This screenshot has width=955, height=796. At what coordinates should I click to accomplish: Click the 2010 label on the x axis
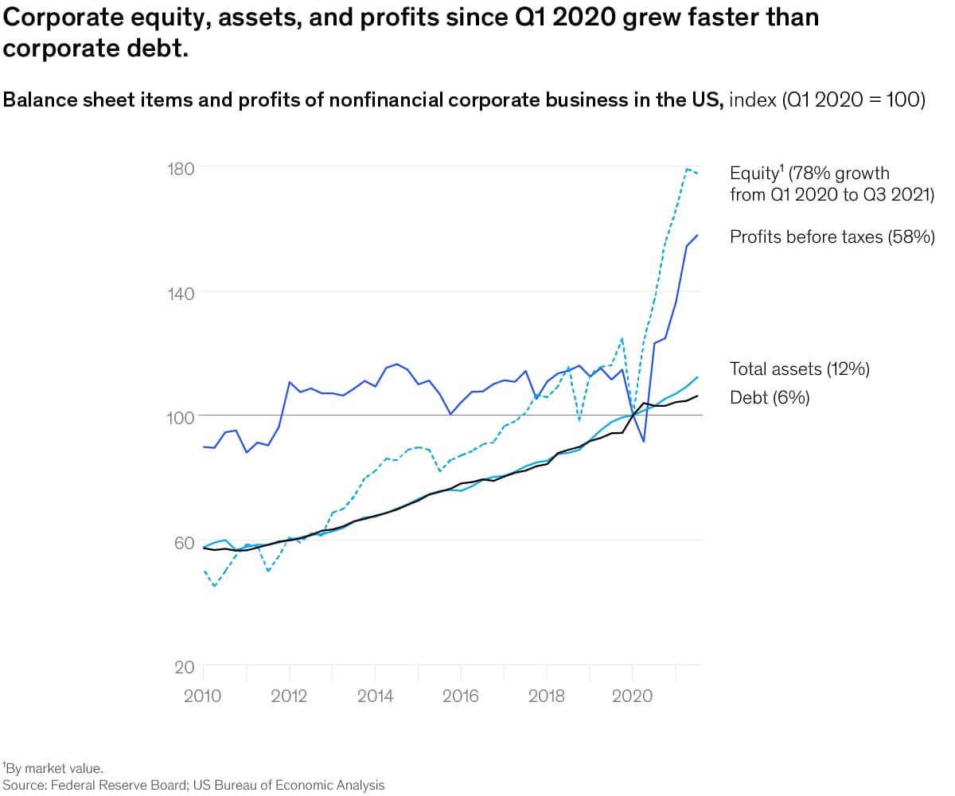204,696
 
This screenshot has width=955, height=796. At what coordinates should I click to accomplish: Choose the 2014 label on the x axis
375,696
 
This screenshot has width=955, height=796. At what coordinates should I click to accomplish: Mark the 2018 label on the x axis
547,696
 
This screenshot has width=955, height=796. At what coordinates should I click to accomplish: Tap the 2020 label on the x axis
633,696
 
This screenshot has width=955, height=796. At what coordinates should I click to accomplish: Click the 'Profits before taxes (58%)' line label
832,236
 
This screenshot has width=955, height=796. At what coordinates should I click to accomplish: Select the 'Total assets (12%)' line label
800,369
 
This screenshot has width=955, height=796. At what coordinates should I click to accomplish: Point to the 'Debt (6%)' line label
770,397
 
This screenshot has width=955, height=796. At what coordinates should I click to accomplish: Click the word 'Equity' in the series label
754,174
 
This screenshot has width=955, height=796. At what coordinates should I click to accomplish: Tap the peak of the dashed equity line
687,169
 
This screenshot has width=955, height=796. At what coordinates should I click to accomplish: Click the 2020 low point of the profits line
643,441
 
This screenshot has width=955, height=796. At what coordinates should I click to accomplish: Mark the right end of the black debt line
698,396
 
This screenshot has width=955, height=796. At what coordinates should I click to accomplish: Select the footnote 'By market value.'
54,768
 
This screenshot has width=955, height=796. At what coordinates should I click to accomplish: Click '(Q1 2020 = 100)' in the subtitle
853,101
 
